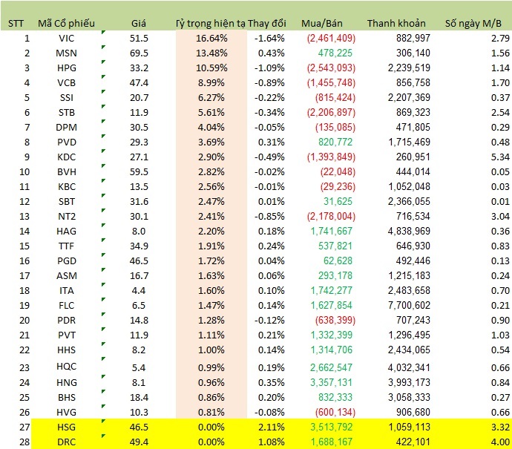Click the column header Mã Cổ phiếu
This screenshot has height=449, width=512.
(65, 23)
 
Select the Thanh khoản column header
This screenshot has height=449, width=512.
(399, 23)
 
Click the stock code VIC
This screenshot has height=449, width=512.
(65, 38)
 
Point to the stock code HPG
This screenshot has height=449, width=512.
(65, 68)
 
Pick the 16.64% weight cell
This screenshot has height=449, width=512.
(212, 38)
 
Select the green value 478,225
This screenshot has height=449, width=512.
(335, 53)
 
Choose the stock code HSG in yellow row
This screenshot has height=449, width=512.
(65, 427)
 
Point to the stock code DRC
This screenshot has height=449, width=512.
(65, 442)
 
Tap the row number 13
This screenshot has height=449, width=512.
(27, 216)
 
